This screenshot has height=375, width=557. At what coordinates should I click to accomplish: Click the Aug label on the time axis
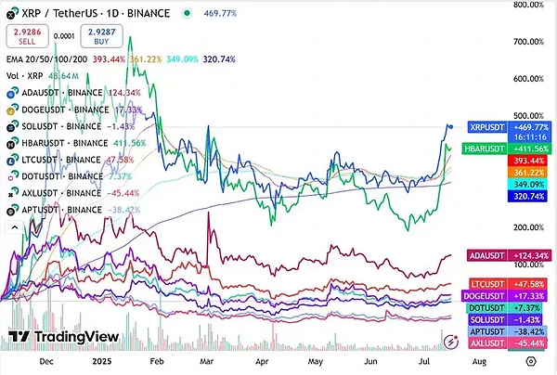click(x=478, y=366)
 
